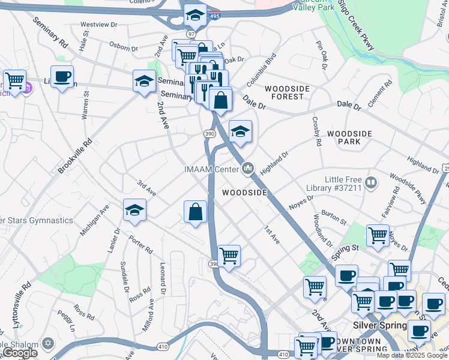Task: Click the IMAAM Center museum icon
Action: coord(248,169)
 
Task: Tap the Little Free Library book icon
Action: coord(370,182)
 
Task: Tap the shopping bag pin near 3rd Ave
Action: coord(195,212)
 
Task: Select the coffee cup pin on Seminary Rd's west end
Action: coord(62,77)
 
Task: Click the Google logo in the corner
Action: coord(19,353)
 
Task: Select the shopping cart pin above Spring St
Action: coord(378,236)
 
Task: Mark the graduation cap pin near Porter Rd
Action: coord(134,211)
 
